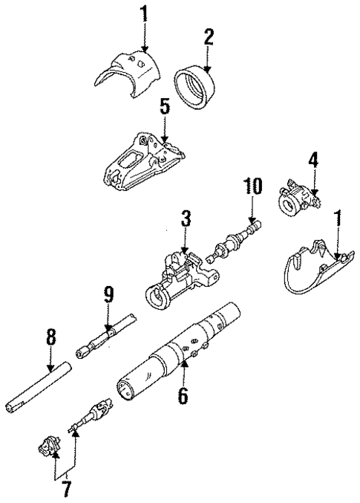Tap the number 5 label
click(165, 107)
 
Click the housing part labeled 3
click(180, 275)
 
